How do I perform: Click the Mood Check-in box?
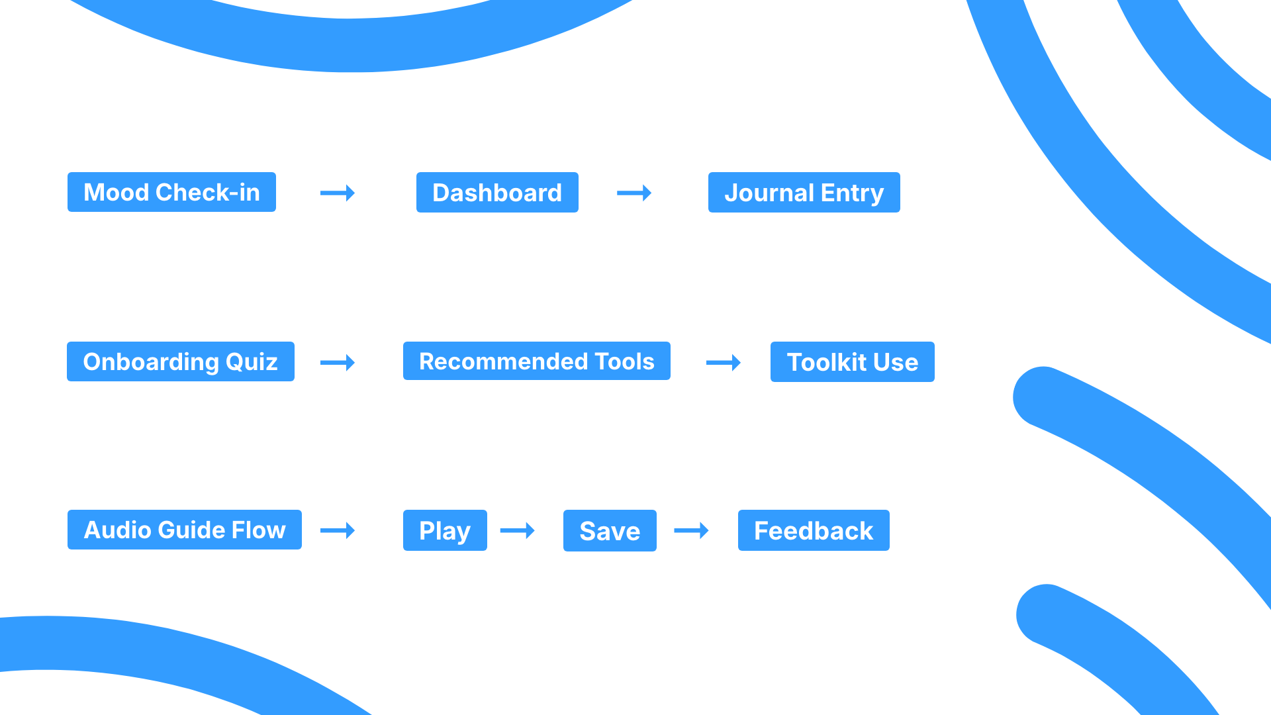pos(171,192)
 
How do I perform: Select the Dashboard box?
pos(497,193)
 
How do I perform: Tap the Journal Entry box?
pos(804,193)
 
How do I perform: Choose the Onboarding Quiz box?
pos(181,361)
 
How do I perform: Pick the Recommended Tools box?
pos(537,361)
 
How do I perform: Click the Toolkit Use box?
pos(853,362)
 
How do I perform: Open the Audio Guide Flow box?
pos(185,530)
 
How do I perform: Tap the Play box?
pos(445,530)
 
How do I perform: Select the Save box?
pos(610,531)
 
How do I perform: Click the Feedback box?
pos(814,530)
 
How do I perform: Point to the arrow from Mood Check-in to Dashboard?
pos(338,193)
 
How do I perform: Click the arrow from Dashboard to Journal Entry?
pos(634,193)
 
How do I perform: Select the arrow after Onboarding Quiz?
pos(338,362)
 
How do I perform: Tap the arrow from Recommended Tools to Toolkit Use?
pos(724,362)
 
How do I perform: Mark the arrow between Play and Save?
pos(518,530)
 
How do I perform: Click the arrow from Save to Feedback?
pos(691,530)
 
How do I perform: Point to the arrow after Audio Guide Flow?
pos(338,530)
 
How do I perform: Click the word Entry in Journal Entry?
pos(852,193)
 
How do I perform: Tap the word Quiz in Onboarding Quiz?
pos(252,362)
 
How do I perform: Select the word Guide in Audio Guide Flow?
pos(192,530)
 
